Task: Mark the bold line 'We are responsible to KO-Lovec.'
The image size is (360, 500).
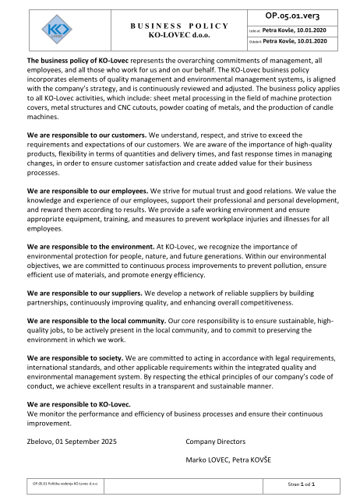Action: (77, 406)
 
